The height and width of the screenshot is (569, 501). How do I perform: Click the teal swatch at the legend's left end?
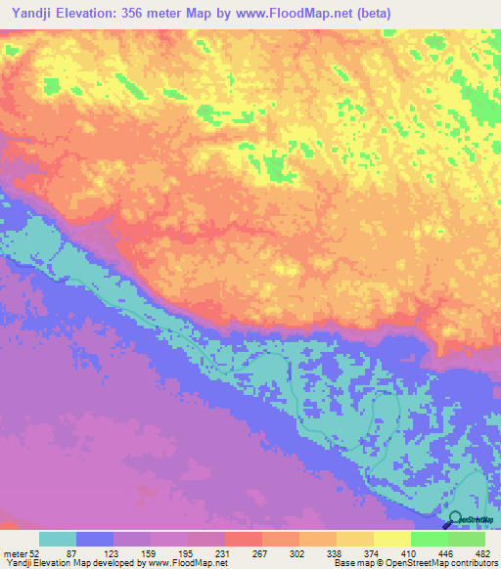[58, 539]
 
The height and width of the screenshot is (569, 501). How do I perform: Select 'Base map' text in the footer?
[350, 564]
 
